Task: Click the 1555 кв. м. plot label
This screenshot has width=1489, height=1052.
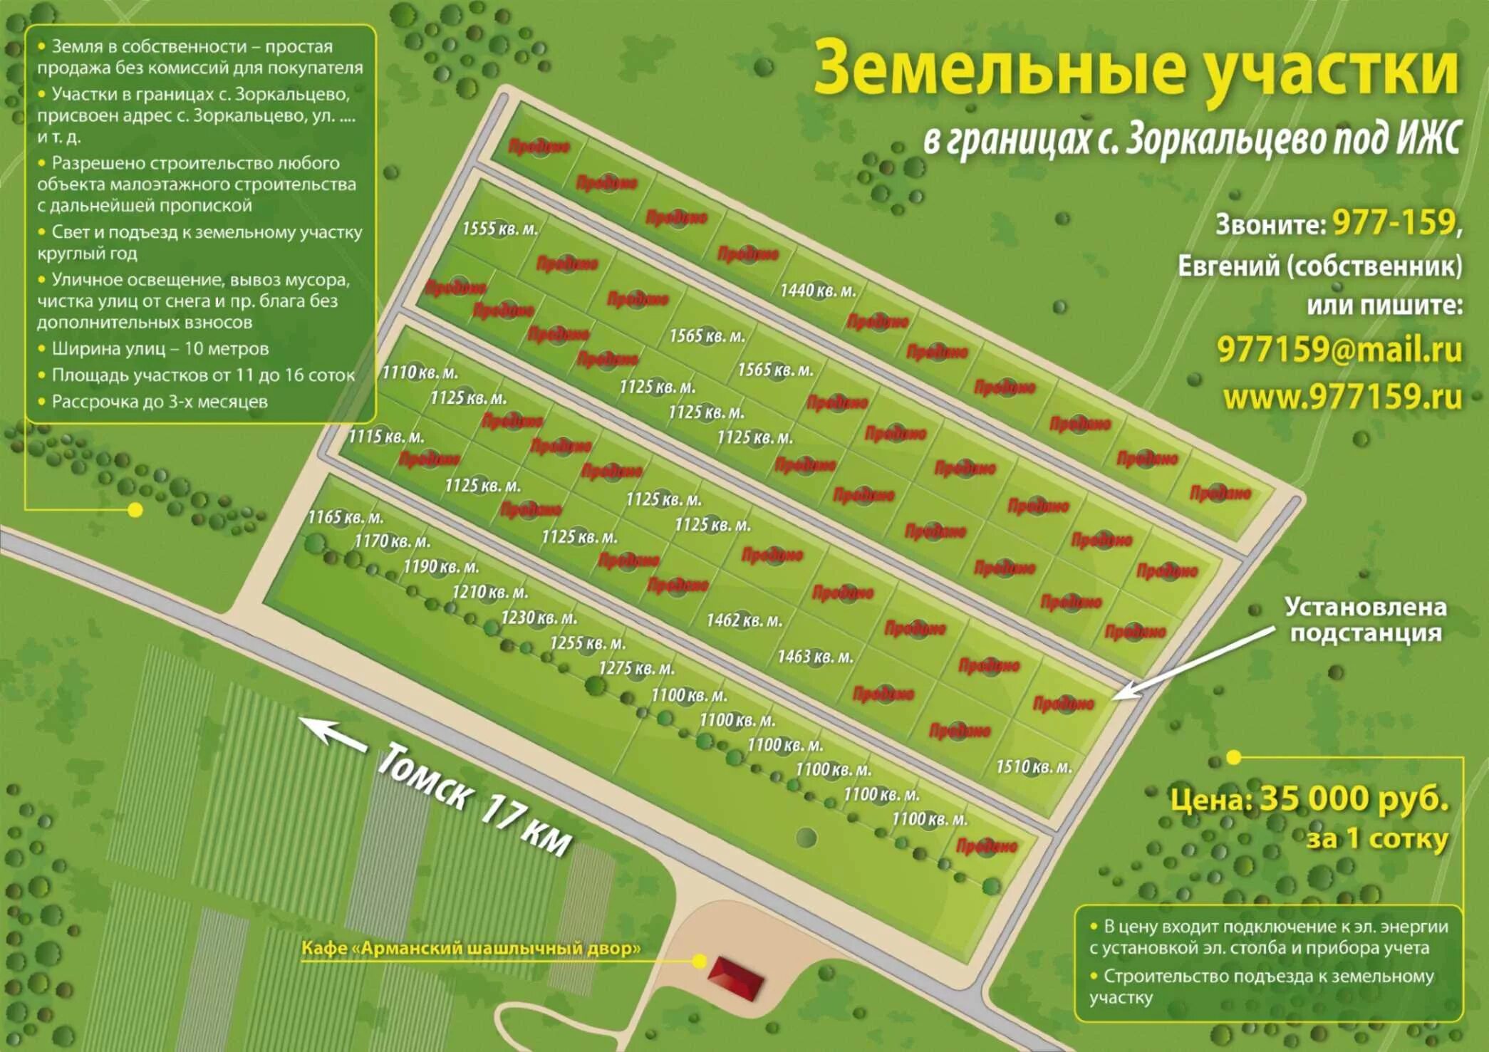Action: [500, 229]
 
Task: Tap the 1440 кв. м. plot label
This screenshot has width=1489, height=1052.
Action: [818, 291]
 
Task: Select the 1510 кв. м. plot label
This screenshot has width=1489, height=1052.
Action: [1034, 767]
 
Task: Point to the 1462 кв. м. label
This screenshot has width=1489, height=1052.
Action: [744, 620]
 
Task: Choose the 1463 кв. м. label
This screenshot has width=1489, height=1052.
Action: [815, 657]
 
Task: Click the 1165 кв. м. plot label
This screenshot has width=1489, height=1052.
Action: [345, 517]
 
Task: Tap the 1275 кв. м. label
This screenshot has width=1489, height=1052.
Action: [636, 669]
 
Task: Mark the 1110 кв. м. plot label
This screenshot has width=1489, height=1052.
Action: [420, 373]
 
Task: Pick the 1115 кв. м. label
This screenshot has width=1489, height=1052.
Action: [385, 437]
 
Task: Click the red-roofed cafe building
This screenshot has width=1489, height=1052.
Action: [736, 978]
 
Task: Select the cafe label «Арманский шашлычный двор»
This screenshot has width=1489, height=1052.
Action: [470, 949]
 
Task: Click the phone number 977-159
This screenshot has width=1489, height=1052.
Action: [1394, 223]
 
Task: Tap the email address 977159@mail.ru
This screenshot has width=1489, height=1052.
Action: [1339, 350]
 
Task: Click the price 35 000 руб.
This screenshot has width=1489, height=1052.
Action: [1354, 799]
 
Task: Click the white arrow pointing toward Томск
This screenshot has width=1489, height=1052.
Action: [332, 734]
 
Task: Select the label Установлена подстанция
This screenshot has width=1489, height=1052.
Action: [1365, 620]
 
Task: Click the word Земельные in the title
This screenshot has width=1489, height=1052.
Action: [997, 70]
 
